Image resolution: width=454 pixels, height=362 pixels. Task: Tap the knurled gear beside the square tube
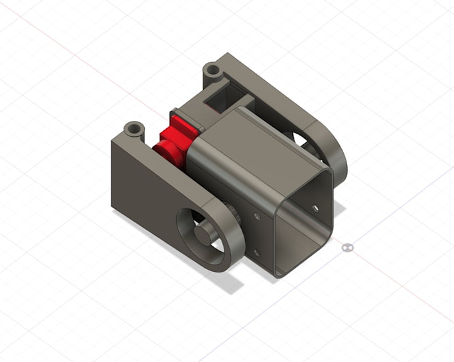[x=232, y=214]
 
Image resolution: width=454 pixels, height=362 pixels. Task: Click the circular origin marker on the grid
[x=347, y=248]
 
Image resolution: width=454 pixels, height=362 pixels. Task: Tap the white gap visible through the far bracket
[x=300, y=140]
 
